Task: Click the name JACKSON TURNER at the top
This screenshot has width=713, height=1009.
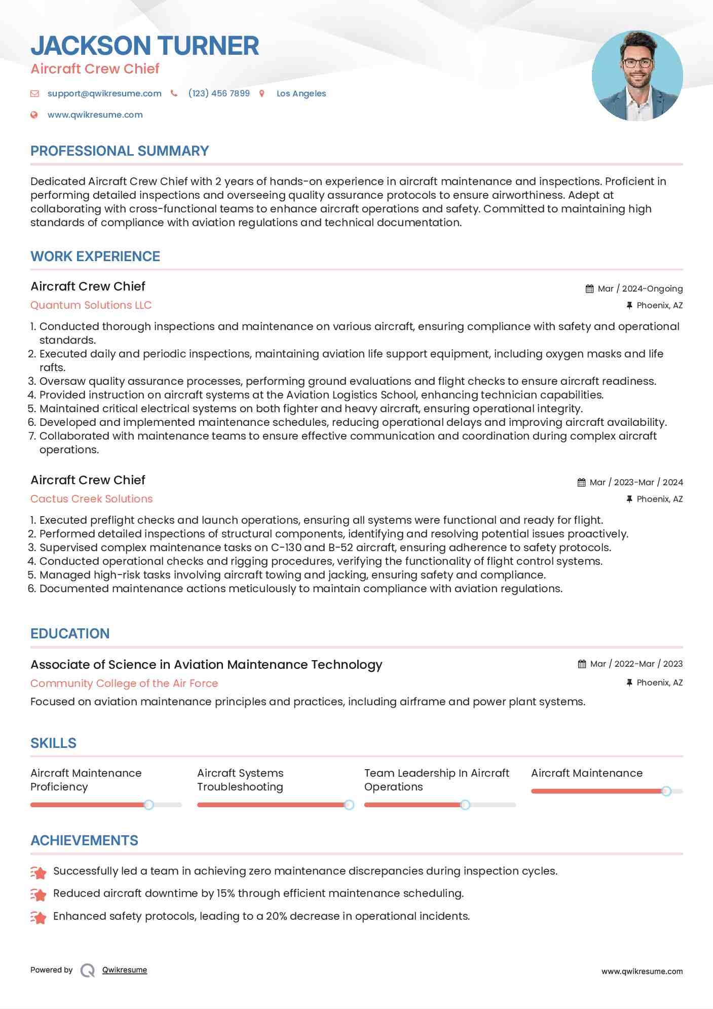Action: [144, 46]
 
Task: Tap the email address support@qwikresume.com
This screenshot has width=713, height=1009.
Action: [104, 93]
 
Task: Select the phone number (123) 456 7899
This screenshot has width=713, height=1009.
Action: [219, 93]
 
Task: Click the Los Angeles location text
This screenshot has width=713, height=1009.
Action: [301, 93]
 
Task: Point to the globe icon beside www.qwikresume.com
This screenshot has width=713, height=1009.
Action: [34, 115]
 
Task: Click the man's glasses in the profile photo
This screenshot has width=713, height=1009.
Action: [637, 63]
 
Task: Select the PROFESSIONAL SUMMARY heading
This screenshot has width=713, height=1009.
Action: [120, 151]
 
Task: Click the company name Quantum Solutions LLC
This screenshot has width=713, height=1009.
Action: [91, 305]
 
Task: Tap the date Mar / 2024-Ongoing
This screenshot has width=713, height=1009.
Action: [640, 289]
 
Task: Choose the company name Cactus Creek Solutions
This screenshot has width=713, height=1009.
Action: [91, 499]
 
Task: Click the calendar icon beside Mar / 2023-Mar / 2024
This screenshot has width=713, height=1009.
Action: [581, 482]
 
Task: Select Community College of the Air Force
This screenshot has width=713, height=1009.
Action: [124, 683]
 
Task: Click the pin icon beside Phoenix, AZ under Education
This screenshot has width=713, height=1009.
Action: [629, 682]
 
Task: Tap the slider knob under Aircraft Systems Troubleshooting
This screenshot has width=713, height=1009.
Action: [349, 805]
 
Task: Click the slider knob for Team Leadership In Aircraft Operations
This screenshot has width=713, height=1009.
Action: [465, 805]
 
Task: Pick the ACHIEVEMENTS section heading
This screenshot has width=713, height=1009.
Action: [84, 841]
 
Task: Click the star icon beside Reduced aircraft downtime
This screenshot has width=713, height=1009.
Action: [39, 894]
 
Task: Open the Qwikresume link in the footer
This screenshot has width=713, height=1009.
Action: [125, 970]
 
